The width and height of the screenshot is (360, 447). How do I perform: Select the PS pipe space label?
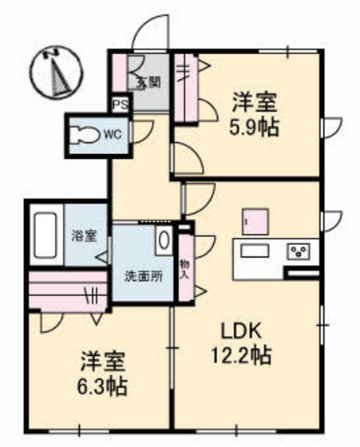[x=120, y=104]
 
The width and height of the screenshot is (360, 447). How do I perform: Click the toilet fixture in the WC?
[x=83, y=133]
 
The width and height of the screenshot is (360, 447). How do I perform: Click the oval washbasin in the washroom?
[x=163, y=239]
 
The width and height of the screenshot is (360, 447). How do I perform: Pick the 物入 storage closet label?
[x=184, y=268]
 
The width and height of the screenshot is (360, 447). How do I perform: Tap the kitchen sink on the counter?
[x=255, y=252]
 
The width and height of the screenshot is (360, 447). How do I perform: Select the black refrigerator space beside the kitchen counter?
[x=302, y=275]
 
